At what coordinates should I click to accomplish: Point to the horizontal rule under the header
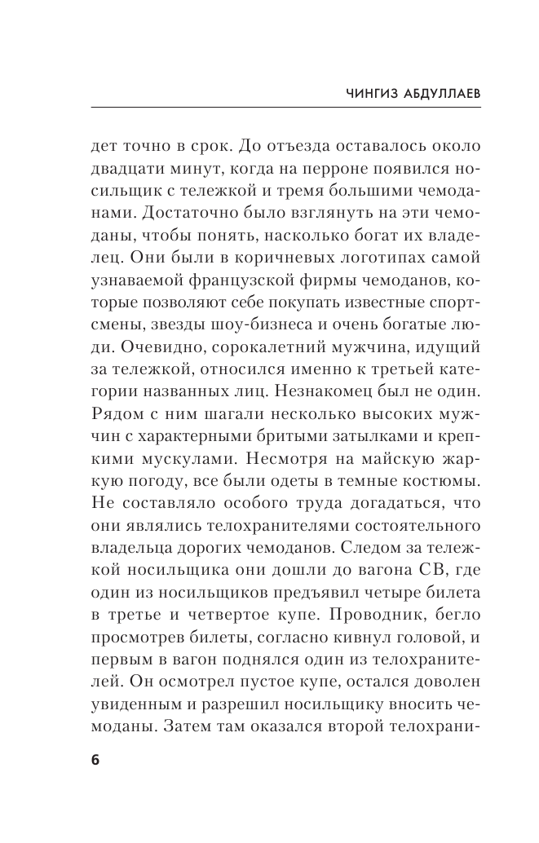click(285, 108)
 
